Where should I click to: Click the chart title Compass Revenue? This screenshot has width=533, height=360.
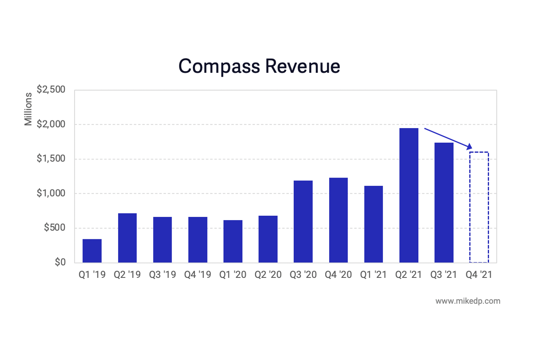pos(259,66)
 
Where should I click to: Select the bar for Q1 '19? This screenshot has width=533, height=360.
pos(92,251)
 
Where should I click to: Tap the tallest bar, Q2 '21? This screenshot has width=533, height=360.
pos(408,195)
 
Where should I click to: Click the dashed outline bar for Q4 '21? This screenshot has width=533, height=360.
pos(479,207)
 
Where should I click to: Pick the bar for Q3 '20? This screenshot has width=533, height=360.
pos(303,222)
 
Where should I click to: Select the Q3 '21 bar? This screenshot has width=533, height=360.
pos(444,202)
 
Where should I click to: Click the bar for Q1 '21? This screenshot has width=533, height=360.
pos(374,224)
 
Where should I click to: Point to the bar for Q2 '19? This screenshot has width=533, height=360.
pos(127,238)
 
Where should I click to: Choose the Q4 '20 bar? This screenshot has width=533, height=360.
pos(338,220)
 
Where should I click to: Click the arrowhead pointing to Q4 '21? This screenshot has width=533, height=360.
pos(469,147)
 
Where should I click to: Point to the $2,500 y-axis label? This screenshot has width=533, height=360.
pos(51,90)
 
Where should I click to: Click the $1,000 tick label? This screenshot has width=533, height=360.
pos(51,193)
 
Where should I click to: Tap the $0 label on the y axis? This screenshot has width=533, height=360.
pos(60,262)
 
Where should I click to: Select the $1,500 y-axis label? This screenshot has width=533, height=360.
pos(51,159)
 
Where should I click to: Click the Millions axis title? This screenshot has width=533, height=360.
pos(28,109)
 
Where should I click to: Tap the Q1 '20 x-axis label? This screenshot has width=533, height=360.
pos(233,275)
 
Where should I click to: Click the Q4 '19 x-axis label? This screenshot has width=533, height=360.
pos(198,275)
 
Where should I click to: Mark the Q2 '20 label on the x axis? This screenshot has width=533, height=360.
pos(268,275)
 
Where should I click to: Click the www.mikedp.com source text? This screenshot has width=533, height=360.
pos(468,301)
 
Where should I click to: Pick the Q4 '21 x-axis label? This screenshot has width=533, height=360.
pos(479,275)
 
